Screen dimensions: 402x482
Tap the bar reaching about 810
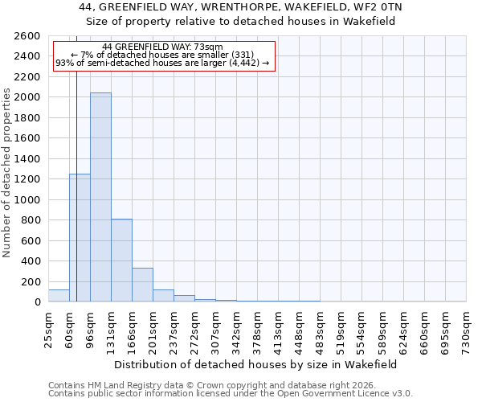[121, 260]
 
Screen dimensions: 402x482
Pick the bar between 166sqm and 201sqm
[142, 285]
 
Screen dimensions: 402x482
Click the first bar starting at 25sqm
[59, 296]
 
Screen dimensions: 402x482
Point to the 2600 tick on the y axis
[27, 36]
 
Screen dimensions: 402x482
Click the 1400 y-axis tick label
[27, 159]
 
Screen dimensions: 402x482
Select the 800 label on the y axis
[31, 220]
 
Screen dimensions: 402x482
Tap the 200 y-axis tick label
[31, 281]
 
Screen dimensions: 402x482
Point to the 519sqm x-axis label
[341, 329]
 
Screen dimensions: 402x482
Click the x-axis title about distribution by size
[257, 364]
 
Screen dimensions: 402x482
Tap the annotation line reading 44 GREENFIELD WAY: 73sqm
[163, 47]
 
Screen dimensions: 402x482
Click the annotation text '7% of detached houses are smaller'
[163, 55]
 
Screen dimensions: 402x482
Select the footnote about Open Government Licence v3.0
[230, 394]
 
